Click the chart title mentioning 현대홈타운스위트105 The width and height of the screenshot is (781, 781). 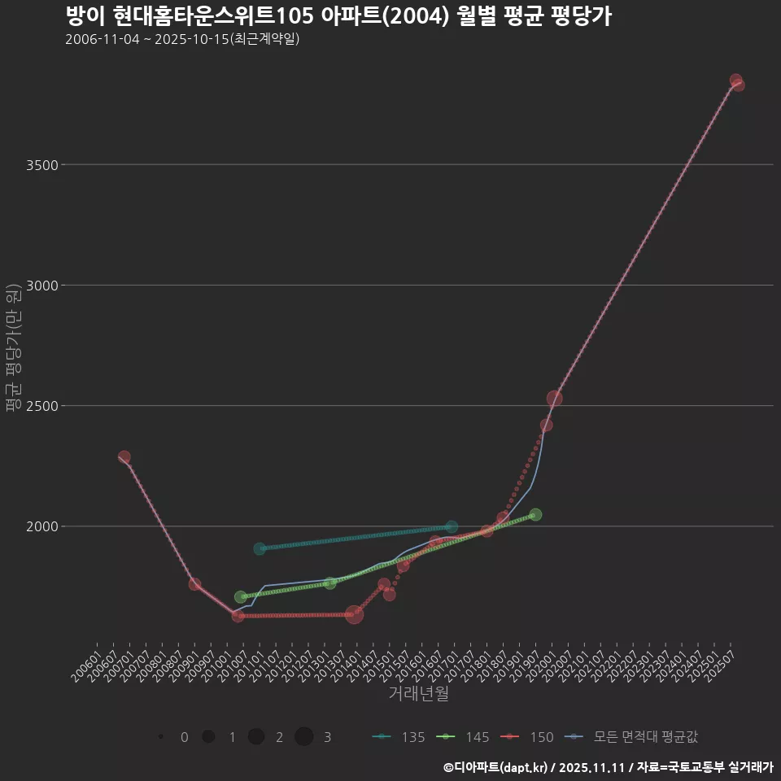338,16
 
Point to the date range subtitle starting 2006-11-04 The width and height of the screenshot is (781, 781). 182,39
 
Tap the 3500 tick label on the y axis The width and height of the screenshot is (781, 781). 41,165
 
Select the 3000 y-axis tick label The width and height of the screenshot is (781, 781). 41,286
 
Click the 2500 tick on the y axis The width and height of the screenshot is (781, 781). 41,406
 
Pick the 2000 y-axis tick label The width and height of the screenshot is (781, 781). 41,526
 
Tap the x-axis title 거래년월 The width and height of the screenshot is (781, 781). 418,694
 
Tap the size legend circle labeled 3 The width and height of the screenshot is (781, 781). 304,737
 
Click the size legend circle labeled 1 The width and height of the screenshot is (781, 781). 208,737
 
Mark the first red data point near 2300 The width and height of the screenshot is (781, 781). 124,457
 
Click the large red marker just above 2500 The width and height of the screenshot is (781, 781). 555,399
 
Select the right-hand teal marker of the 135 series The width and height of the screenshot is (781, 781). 452,527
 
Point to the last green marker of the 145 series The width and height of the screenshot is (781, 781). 535,515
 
